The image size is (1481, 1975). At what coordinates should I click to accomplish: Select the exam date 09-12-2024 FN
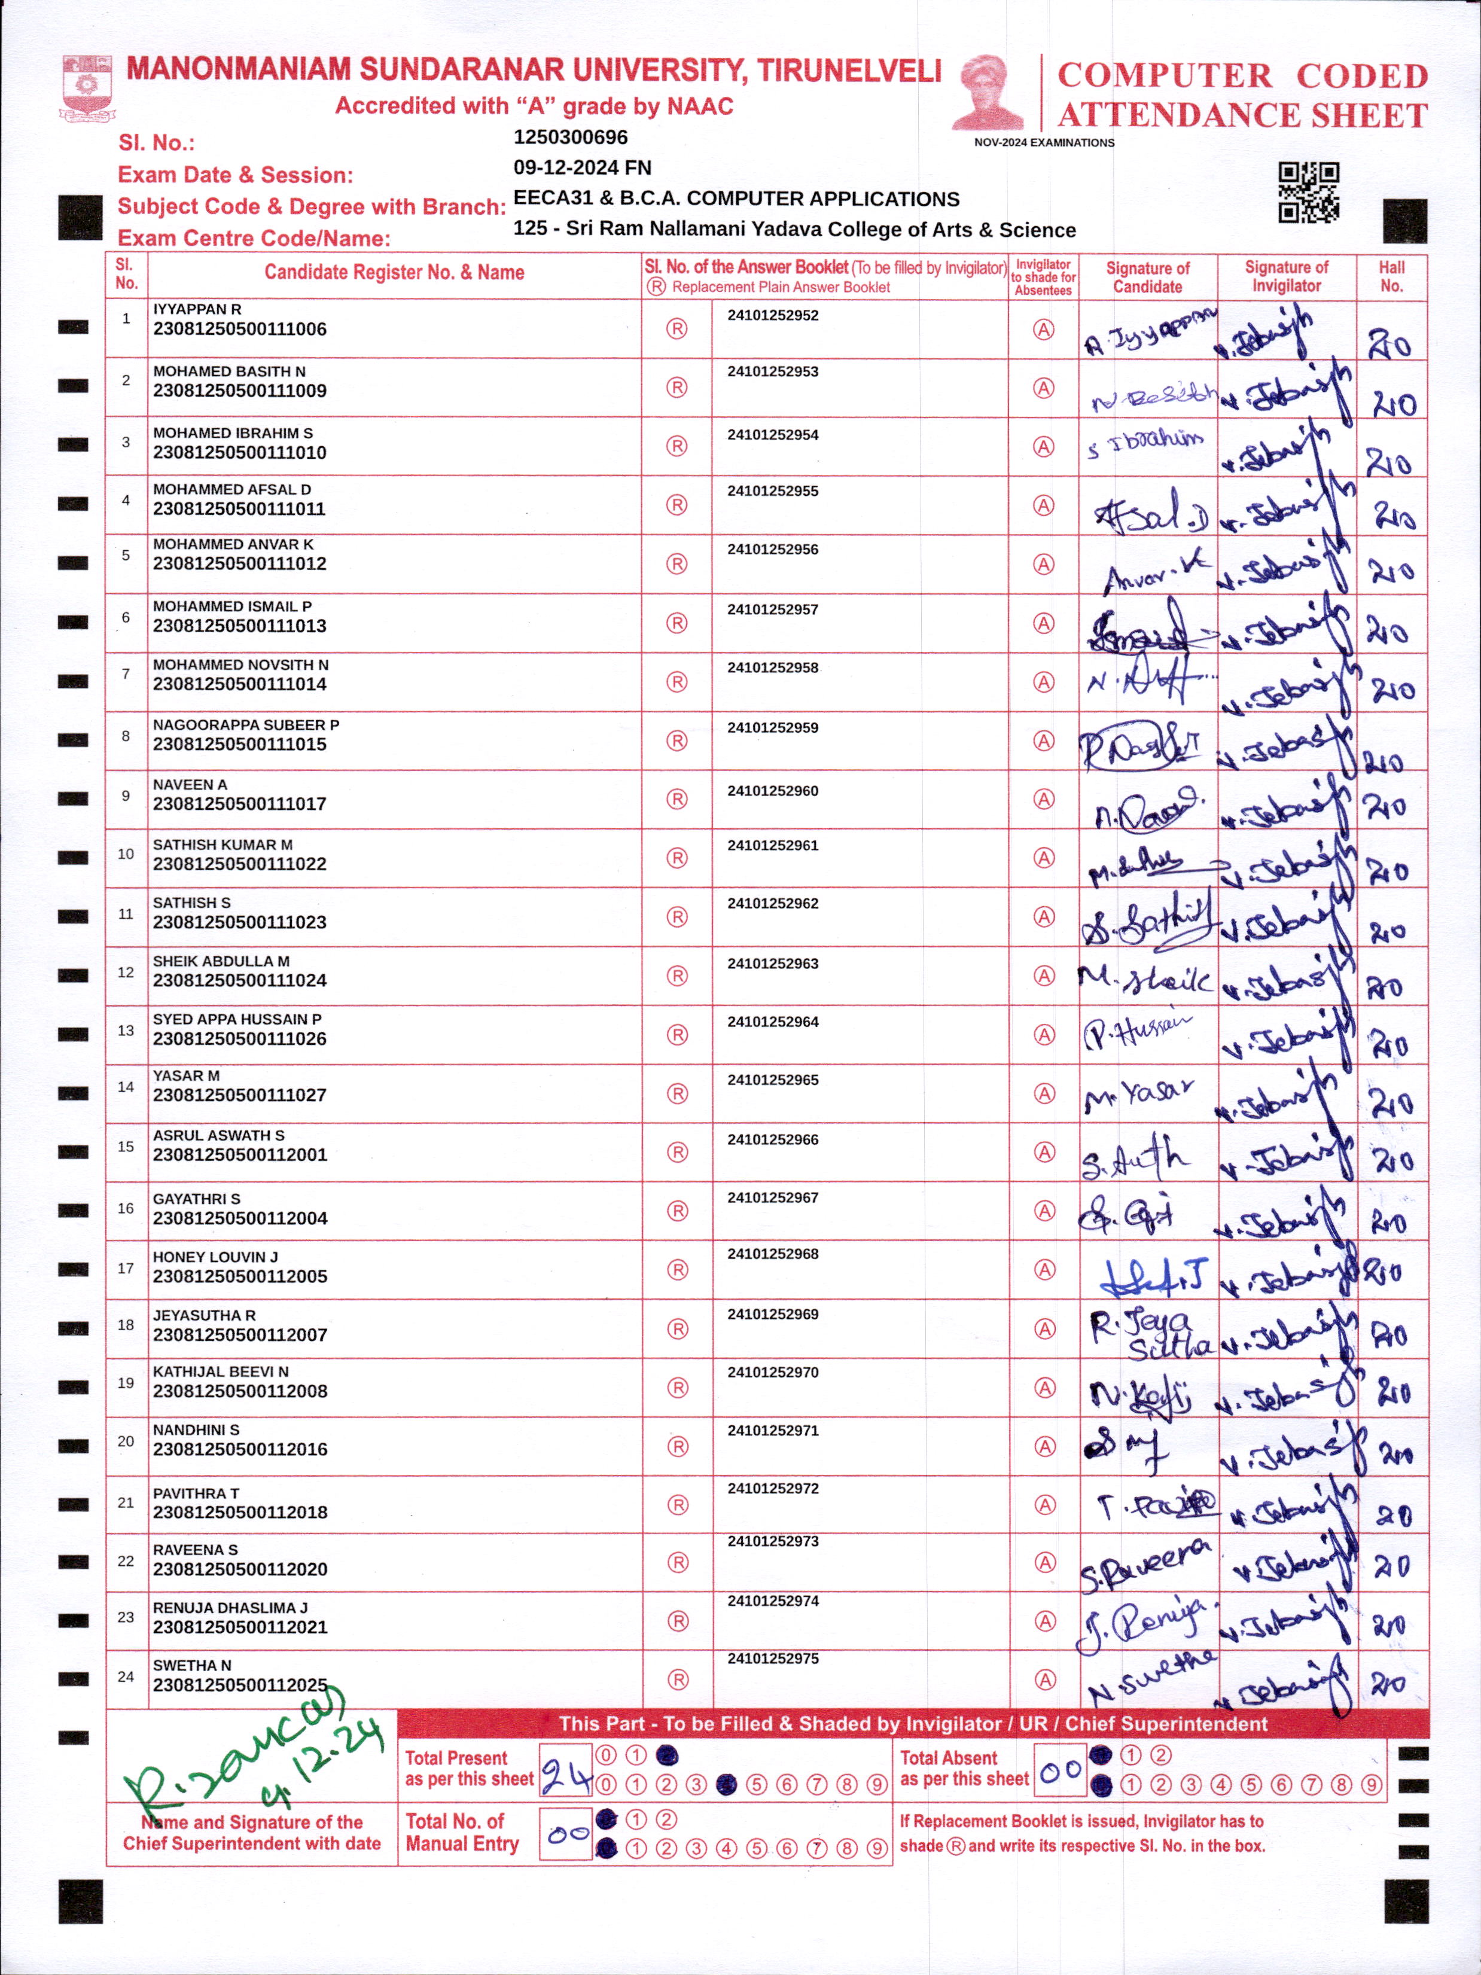coord(582,168)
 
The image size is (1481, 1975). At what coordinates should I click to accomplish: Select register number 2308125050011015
coord(239,743)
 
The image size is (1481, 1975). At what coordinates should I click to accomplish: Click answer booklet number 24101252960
coord(772,790)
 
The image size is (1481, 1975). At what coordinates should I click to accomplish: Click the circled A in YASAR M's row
coord(1044,1094)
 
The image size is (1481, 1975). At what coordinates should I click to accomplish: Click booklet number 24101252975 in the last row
coord(772,1658)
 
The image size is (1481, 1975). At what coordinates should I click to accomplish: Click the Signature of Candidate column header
coord(1147,277)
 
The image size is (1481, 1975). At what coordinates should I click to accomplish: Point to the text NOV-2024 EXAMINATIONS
coord(1044,143)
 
